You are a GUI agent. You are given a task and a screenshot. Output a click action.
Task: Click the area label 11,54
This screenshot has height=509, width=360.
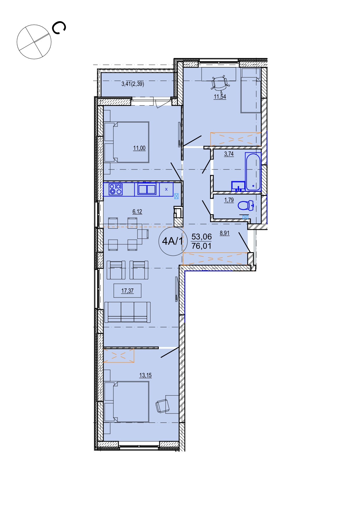click(220, 97)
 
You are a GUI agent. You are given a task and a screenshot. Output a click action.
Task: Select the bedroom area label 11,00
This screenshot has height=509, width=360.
click(139, 148)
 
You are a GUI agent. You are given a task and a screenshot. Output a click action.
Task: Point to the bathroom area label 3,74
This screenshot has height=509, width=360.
click(229, 154)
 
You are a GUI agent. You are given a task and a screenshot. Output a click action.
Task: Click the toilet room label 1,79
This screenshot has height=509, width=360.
click(229, 200)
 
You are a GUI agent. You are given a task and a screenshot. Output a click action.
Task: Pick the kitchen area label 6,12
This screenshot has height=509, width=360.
click(137, 212)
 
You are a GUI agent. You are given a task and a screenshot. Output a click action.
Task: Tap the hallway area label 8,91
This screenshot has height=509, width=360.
click(225, 233)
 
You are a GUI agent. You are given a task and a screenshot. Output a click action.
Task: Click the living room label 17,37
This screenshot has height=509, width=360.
click(127, 290)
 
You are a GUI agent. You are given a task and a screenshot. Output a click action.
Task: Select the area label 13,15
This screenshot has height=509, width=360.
click(145, 375)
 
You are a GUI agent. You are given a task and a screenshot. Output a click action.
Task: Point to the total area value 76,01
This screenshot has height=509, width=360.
click(202, 246)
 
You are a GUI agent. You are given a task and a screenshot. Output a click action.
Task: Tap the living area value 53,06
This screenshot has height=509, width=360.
click(202, 237)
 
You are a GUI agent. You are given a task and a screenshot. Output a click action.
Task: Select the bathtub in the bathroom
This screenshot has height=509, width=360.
click(253, 171)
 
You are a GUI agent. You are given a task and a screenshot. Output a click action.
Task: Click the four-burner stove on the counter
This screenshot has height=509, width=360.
click(116, 189)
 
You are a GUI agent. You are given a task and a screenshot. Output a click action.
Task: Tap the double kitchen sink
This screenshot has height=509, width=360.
click(147, 189)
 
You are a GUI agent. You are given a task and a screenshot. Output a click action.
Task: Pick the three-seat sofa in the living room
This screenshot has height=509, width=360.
click(127, 312)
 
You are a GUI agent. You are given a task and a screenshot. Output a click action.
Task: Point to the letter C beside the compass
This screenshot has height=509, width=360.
click(59, 28)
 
